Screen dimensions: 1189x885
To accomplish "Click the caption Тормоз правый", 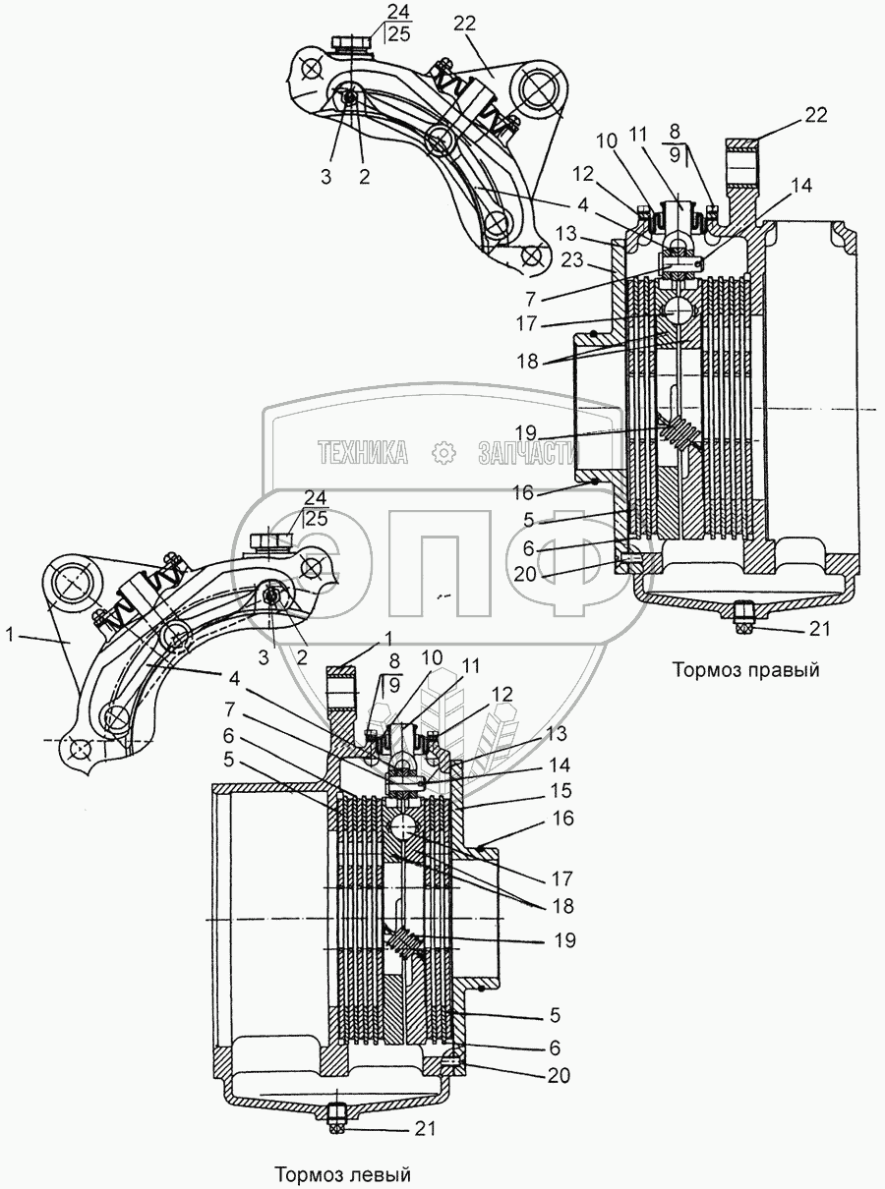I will pos(745,670).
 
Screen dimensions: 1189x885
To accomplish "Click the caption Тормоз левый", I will pos(342,1174).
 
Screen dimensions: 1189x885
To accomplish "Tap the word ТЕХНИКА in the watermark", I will pos(362,452).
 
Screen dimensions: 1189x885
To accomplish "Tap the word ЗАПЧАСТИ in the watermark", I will pos(524,452).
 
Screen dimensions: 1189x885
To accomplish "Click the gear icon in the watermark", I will pos(442,452).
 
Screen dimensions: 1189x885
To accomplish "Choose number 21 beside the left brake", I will pos(425,1129).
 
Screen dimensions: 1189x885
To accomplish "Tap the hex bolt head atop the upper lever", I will pos(351,43).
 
